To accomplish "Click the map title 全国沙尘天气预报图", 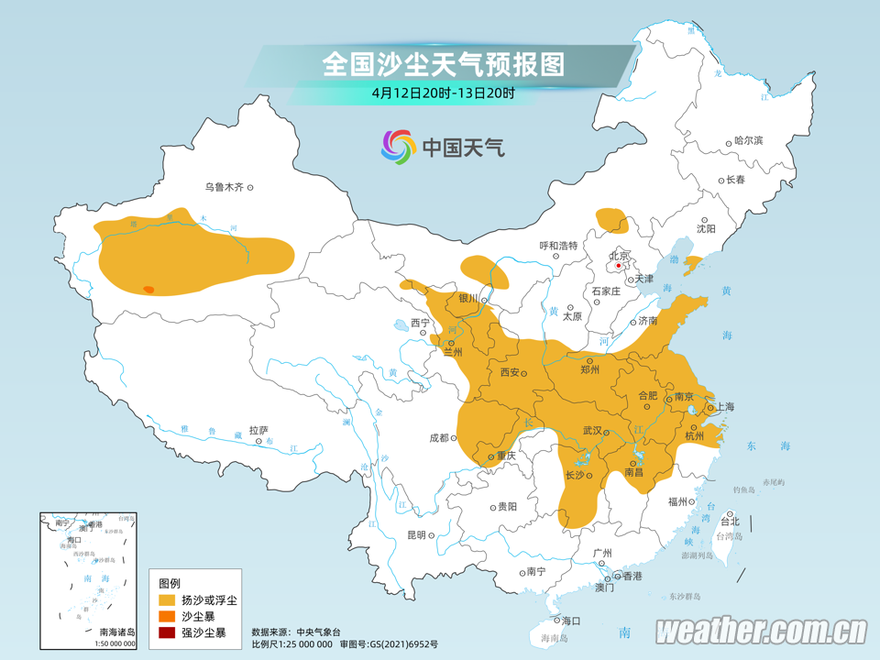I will click(443, 64).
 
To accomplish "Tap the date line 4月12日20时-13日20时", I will click(443, 93).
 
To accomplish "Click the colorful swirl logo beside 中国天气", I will click(399, 147).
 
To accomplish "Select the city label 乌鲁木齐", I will click(224, 187).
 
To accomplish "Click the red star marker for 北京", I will click(619, 266).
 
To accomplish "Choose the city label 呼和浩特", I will click(558, 246).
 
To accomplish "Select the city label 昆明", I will click(416, 535).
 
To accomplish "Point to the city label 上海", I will click(725, 406).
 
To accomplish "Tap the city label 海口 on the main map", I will click(571, 621).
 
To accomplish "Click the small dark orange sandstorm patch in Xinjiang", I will click(148, 290).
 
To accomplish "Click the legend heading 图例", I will click(170, 583).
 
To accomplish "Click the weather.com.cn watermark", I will click(761, 631).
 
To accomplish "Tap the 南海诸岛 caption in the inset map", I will click(116, 632).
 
